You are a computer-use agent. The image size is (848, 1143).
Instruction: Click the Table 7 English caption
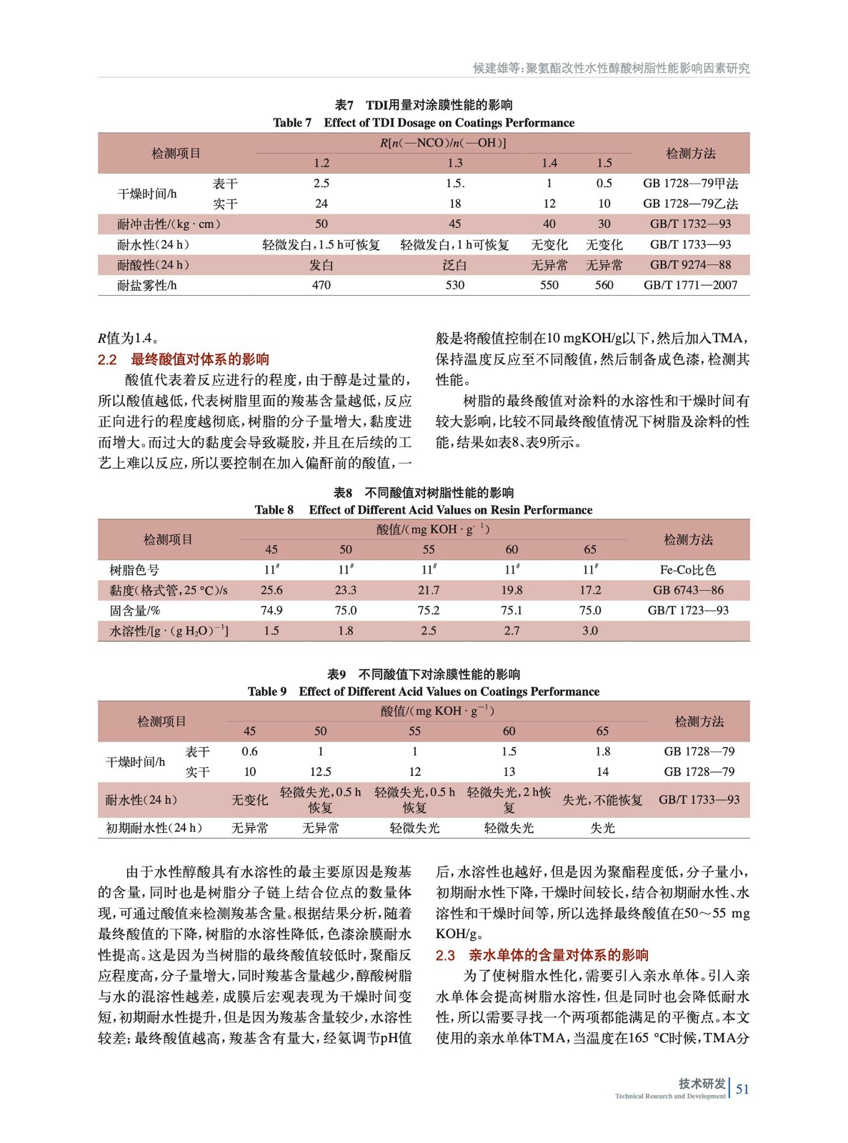point(424,123)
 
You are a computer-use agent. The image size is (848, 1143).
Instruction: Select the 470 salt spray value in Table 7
point(321,285)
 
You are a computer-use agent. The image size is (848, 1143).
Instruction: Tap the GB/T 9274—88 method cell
point(690,265)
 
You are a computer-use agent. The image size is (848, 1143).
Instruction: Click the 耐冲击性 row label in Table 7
point(169,224)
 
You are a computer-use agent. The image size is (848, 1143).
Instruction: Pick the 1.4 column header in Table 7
point(549,163)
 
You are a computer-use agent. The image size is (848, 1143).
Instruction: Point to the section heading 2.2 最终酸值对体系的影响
point(184,359)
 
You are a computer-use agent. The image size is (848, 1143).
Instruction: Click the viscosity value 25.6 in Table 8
point(271,590)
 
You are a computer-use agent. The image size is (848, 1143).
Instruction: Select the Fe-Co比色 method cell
point(688,570)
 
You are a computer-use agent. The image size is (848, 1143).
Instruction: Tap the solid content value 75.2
point(429,611)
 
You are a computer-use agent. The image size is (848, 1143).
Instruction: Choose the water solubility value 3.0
point(590,631)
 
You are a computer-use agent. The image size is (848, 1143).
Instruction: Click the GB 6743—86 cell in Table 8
point(688,590)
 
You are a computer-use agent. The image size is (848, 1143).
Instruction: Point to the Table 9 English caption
point(424,692)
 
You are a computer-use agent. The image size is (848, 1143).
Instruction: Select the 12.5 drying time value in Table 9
point(320,772)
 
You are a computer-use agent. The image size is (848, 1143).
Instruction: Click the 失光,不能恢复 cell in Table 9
point(602,800)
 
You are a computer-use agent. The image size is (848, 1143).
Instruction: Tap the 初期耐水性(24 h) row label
point(154,828)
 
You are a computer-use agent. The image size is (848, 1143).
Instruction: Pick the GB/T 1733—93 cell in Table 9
point(699,800)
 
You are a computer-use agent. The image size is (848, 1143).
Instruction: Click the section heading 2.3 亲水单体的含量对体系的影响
point(542,955)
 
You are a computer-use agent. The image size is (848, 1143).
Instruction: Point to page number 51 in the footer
point(743,1089)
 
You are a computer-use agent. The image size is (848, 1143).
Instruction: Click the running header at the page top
point(611,69)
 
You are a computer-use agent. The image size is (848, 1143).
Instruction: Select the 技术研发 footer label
point(702,1084)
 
